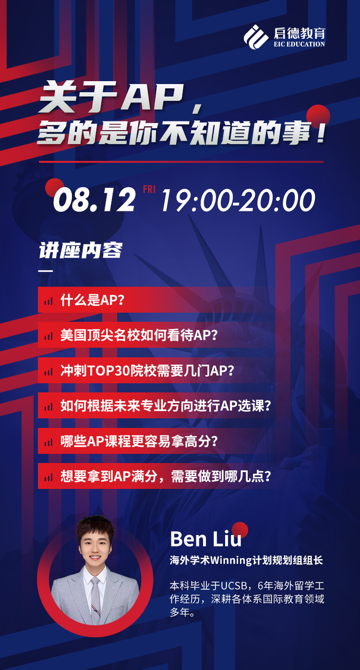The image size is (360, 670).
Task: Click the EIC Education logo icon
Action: click(x=256, y=37)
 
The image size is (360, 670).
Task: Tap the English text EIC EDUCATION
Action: click(x=300, y=44)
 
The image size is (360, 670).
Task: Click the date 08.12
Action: click(x=94, y=199)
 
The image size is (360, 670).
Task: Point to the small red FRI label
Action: click(x=149, y=189)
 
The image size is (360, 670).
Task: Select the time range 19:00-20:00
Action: click(x=238, y=200)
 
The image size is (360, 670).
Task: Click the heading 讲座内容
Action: click(x=81, y=250)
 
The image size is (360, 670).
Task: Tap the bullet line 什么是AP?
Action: click(x=92, y=300)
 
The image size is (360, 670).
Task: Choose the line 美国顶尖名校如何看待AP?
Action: click(x=139, y=335)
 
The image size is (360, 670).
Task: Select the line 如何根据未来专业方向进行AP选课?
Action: click(x=166, y=406)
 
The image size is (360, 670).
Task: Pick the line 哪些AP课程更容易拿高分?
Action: click(x=139, y=441)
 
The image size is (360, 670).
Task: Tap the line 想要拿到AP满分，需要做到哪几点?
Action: click(x=166, y=476)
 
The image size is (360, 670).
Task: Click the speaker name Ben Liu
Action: click(x=206, y=539)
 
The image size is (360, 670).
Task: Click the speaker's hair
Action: click(x=96, y=527)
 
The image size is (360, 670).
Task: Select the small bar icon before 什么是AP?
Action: click(x=48, y=301)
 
